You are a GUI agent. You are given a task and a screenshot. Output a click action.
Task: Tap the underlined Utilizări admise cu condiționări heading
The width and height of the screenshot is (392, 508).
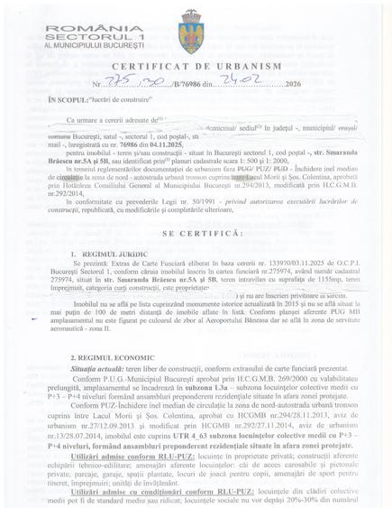coord(144,492)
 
